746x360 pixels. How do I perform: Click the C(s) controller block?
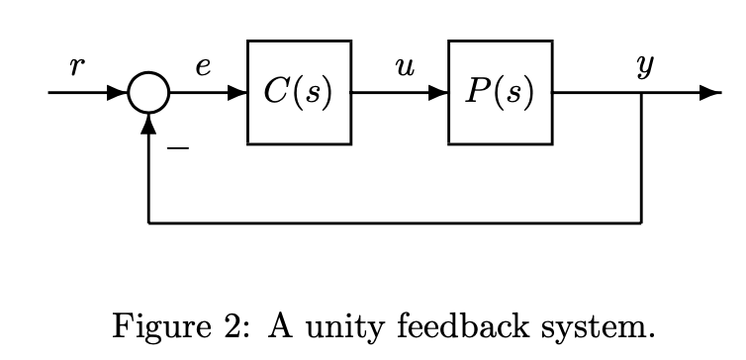(x=299, y=93)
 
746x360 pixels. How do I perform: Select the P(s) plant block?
(x=500, y=93)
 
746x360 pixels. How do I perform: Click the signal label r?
(x=78, y=67)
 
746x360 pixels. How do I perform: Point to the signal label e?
(x=203, y=67)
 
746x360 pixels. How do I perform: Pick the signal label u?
(x=403, y=67)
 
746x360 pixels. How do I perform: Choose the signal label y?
(x=645, y=67)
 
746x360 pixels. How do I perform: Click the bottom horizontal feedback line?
(x=396, y=223)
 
